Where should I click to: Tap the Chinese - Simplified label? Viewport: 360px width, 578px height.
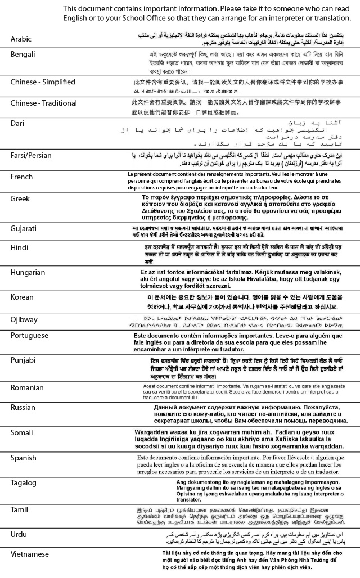coord(43,82)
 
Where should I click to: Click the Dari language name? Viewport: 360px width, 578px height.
coord(17,123)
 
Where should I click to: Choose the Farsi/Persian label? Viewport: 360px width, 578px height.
coord(32,155)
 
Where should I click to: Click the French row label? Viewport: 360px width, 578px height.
coord(22,177)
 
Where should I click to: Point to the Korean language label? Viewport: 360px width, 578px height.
coord(22,296)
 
